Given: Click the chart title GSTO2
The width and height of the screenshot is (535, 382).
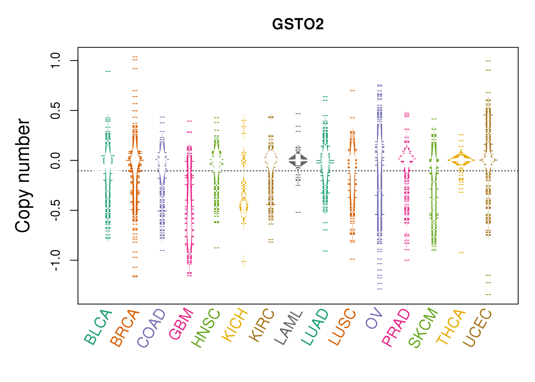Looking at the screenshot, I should point(298,24).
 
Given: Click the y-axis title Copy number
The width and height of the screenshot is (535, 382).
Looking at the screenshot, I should point(23,175).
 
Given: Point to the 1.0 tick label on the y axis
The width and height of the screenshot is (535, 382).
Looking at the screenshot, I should point(55,60).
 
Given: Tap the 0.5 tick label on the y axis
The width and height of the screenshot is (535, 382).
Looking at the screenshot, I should point(55,111).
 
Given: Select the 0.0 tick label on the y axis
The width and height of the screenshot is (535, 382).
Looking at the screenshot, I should point(55,160).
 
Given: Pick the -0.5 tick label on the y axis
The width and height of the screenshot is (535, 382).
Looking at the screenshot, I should point(55,210).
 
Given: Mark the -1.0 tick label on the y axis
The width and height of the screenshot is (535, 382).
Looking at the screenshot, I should point(55,260).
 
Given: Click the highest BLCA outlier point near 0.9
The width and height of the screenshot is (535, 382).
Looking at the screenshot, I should point(108,71).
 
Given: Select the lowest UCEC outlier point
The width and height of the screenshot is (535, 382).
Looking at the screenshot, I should point(488,294).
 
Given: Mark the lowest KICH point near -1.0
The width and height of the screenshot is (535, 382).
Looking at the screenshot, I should point(244,261).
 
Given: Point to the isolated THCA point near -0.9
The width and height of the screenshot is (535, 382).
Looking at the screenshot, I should point(461,252).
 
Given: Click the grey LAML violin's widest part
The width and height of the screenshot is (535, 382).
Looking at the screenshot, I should point(298,160).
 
